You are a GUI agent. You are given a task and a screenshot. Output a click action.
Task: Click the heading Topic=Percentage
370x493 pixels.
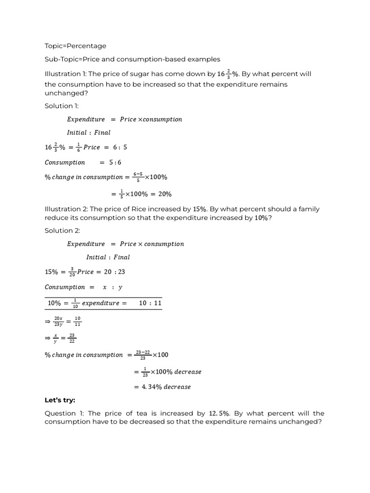75,46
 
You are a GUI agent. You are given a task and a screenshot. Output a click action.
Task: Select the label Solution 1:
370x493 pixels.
61,105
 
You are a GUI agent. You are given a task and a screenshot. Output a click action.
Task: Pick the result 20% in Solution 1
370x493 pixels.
164,194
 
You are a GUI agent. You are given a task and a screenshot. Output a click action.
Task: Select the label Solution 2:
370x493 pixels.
62,231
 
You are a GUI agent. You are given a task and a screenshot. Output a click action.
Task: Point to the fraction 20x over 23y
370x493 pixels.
59,321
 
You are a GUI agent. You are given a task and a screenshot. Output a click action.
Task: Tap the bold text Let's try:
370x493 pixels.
60,400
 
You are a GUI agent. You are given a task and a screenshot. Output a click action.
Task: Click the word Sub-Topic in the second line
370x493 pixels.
61,59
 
